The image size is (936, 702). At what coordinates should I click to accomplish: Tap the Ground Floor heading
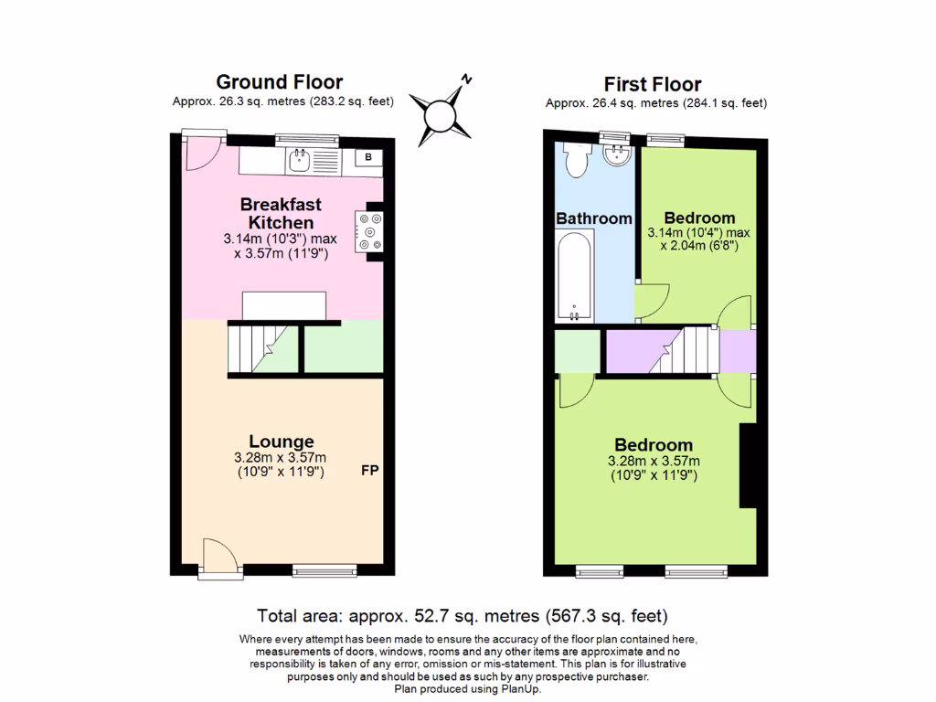[x=279, y=82]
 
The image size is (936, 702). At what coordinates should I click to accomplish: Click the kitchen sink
[x=299, y=163]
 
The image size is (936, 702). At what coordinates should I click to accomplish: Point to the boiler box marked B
[x=368, y=157]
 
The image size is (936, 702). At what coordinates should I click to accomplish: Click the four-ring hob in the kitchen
[x=373, y=230]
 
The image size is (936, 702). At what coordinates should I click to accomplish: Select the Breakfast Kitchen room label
[x=281, y=213]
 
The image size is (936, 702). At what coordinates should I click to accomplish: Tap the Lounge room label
[x=281, y=441]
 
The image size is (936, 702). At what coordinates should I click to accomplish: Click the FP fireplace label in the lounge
[x=370, y=472]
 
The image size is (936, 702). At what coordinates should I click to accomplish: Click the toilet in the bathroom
[x=578, y=161]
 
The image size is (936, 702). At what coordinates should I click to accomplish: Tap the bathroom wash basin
[x=618, y=154]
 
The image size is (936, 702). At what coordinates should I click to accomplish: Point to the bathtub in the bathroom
[x=575, y=274]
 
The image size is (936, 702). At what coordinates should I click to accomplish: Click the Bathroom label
[x=594, y=218]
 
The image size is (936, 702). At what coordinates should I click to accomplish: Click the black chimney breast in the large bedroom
[x=748, y=465]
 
